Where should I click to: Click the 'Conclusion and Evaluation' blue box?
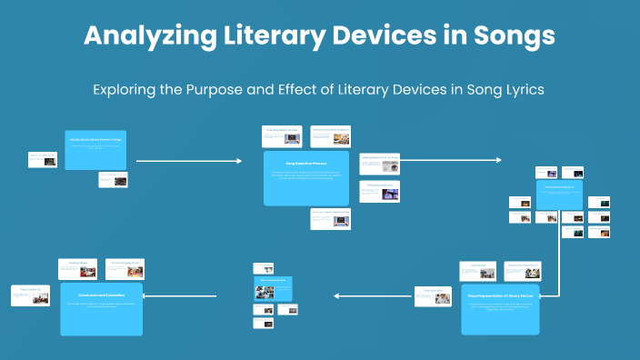coord(102,308)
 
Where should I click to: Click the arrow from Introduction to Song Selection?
coord(188,161)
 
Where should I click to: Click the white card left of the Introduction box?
coord(43,159)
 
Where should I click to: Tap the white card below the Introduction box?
coord(113,180)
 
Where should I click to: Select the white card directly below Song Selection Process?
coord(330,219)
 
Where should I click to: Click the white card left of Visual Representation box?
coord(433,296)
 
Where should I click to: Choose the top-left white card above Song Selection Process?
coord(281,136)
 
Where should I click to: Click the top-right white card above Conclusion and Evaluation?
coord(125,269)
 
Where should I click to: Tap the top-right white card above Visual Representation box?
coord(523,270)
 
